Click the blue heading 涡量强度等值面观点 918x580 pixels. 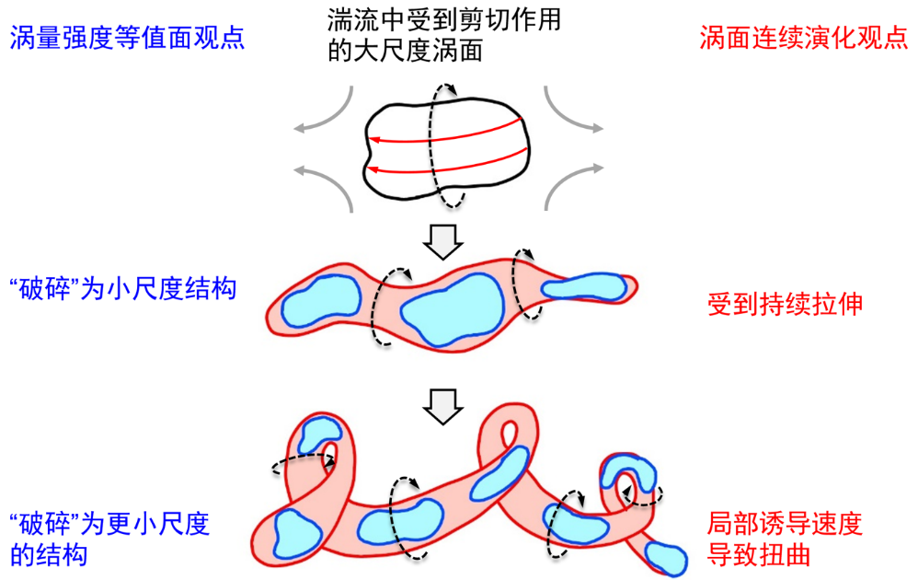pos(127,40)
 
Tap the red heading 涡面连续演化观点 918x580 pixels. pos(803,40)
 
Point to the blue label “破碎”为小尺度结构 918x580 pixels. pos(122,289)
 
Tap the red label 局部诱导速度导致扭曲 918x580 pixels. pos(785,539)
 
